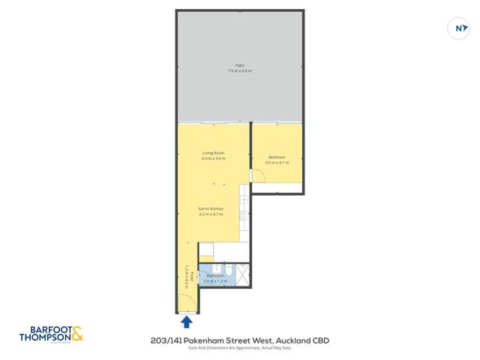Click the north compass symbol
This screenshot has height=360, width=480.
pyautogui.click(x=457, y=29)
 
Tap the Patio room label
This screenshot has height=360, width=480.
pyautogui.click(x=240, y=65)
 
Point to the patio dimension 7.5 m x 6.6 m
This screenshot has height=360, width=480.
pyautogui.click(x=240, y=70)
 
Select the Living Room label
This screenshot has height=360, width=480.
pyautogui.click(x=213, y=153)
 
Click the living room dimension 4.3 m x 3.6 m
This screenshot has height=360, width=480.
pyautogui.click(x=213, y=158)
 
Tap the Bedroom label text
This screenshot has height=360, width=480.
pyautogui.click(x=277, y=157)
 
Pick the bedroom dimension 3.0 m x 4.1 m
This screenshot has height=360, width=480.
pyautogui.click(x=277, y=162)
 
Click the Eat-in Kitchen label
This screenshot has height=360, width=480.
pyautogui.click(x=211, y=208)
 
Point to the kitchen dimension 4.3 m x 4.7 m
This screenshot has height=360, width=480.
pyautogui.click(x=211, y=214)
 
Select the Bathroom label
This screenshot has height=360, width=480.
pyautogui.click(x=215, y=275)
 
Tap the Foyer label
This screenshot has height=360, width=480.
pyautogui.click(x=192, y=276)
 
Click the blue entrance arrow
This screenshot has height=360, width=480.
pyautogui.click(x=186, y=322)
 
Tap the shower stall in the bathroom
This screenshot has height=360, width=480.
pyautogui.click(x=243, y=274)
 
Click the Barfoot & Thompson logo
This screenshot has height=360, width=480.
pyautogui.click(x=51, y=334)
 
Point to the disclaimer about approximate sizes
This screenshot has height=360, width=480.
pyautogui.click(x=239, y=348)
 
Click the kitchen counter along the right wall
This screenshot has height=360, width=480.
pyautogui.click(x=244, y=214)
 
